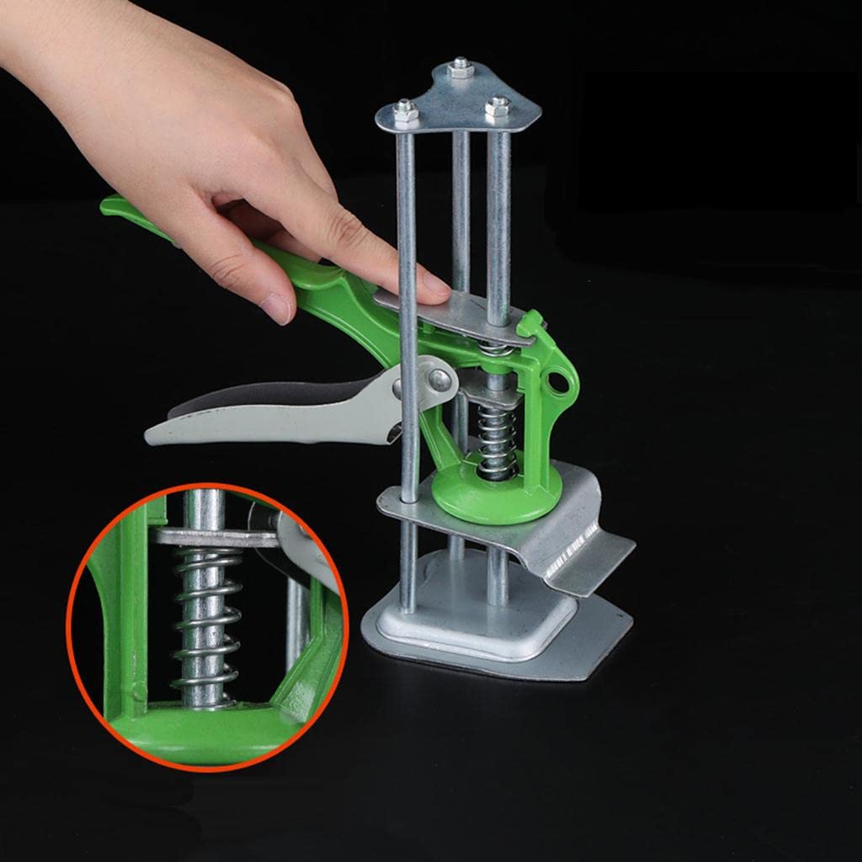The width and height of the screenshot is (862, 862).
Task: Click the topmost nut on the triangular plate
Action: click(x=460, y=68)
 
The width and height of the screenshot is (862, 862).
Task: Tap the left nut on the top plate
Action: click(x=406, y=110)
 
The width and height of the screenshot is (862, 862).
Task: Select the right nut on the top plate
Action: click(x=498, y=107)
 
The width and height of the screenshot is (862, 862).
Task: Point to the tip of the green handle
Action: click(x=109, y=205)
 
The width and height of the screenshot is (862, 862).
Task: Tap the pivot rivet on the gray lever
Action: click(x=439, y=380)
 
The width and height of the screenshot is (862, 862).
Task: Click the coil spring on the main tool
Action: click(x=496, y=434)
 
